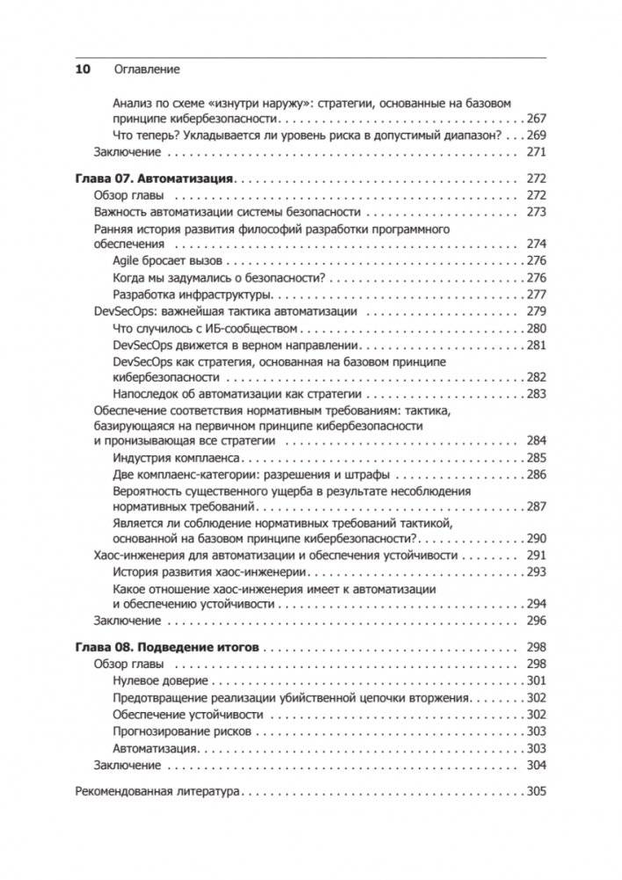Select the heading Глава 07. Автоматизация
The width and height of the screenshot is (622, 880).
click(150, 178)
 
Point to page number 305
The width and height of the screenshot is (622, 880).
click(535, 790)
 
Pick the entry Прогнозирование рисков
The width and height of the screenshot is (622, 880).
click(183, 731)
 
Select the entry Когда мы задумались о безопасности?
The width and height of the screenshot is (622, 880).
click(221, 278)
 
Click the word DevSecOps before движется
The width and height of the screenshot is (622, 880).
click(142, 345)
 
